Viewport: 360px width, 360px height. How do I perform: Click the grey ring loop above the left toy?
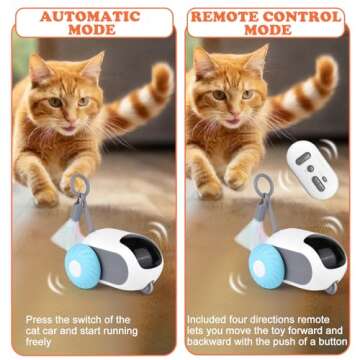pos(67,186)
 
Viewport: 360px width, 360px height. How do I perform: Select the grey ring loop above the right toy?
pos(236,186)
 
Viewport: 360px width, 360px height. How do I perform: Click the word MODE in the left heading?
pos(90,31)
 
